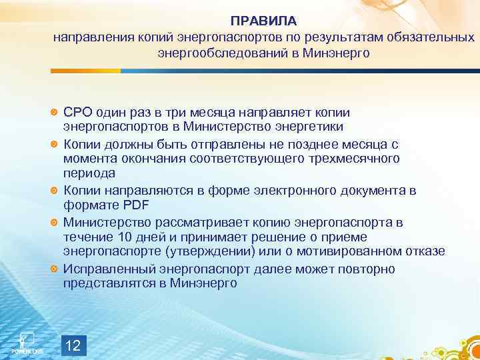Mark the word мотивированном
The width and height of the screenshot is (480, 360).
tap(357, 252)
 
